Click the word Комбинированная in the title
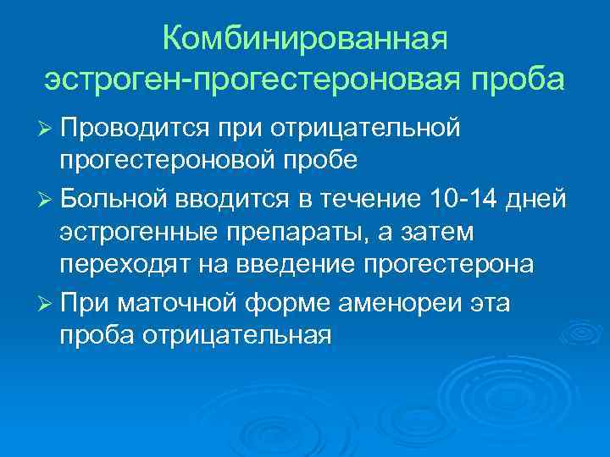click(304, 39)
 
